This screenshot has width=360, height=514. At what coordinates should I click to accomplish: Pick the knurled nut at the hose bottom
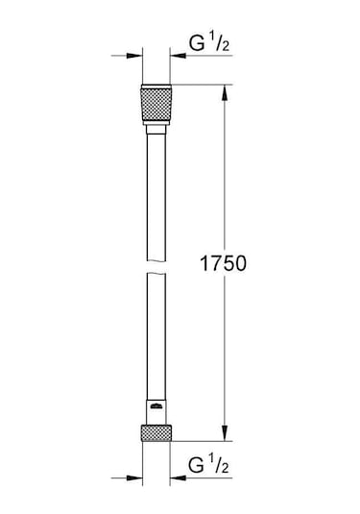click(x=156, y=432)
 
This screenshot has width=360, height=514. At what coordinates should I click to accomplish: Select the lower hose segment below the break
click(x=156, y=336)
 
